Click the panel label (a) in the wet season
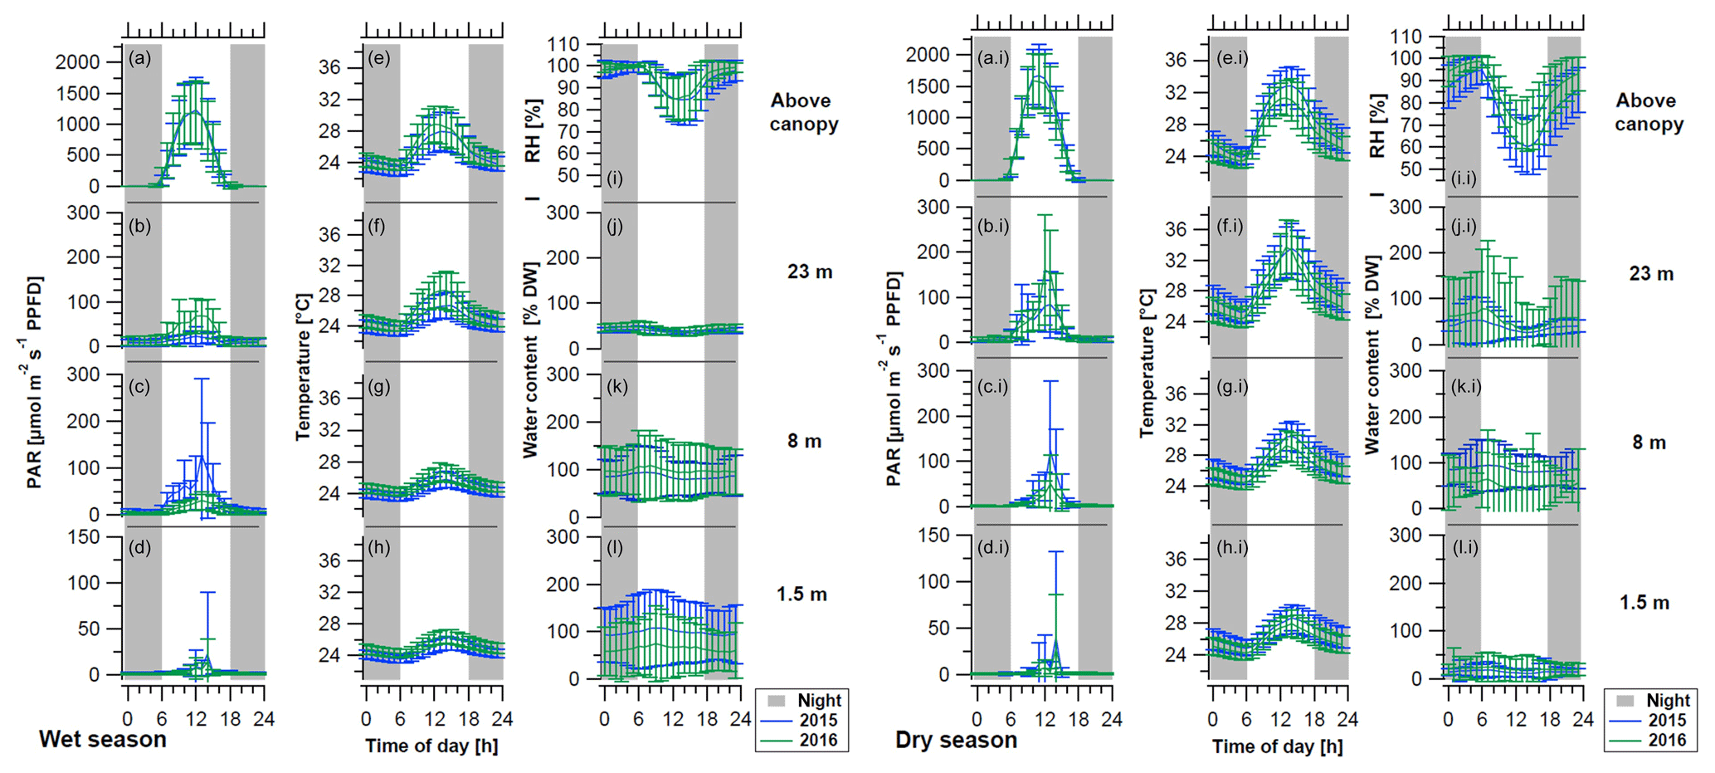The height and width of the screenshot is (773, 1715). coord(139,58)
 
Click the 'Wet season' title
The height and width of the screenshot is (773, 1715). coord(103,739)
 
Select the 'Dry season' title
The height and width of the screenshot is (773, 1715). coord(956,740)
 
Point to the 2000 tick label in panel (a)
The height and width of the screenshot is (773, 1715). coord(77,62)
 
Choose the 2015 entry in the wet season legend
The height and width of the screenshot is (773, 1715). coord(818,721)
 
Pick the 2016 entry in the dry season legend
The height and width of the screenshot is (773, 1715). coord(1667,740)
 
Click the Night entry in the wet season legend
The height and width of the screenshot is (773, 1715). coord(819,701)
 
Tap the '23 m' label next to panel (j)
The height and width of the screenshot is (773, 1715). coord(810,272)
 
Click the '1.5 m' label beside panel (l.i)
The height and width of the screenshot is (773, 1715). coord(1644,603)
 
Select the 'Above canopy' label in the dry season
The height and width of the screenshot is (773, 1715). coord(1649,112)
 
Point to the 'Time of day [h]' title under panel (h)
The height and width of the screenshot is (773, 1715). coord(431,746)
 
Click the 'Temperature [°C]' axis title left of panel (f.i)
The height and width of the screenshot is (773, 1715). coord(1147,363)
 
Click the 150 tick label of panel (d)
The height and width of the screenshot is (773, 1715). coord(83,537)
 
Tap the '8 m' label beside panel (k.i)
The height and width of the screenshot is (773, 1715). coord(1649,443)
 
